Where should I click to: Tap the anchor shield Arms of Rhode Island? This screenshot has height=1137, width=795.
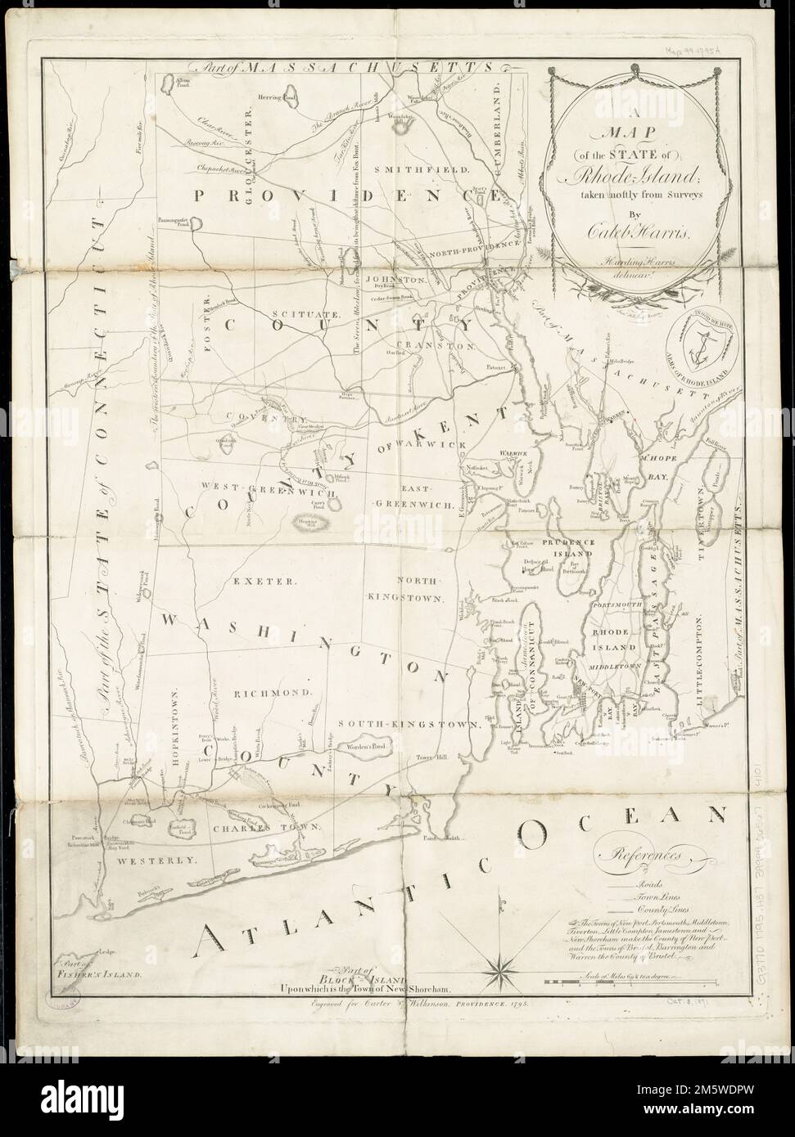pos(698,341)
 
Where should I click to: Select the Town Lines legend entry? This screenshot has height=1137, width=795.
pos(652,897)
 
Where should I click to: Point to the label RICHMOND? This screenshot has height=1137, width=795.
pos(274,692)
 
